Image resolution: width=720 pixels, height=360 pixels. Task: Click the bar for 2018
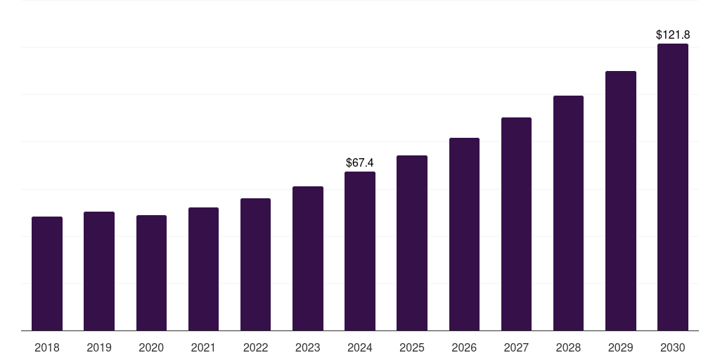(47, 274)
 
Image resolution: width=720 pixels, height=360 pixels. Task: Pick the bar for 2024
(360, 251)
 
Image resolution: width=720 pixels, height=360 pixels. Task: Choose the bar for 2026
(464, 234)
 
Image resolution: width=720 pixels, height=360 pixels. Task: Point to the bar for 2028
(568, 213)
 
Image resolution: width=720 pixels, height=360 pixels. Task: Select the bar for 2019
(99, 271)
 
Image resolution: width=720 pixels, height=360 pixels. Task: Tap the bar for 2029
(621, 200)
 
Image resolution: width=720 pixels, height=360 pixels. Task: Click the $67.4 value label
(360, 163)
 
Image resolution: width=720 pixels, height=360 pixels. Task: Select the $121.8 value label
(673, 34)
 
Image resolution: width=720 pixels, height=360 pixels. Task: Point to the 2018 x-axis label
(47, 347)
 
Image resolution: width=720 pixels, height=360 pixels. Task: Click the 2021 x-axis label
(203, 347)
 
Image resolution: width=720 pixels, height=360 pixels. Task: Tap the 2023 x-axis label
(308, 347)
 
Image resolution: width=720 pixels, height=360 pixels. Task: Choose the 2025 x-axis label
(412, 347)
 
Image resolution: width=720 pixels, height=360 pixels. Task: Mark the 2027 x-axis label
(516, 347)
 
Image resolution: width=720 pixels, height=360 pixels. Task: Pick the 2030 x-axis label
(673, 347)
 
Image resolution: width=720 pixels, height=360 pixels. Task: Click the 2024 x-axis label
(360, 347)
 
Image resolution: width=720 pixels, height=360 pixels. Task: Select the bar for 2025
(412, 243)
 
